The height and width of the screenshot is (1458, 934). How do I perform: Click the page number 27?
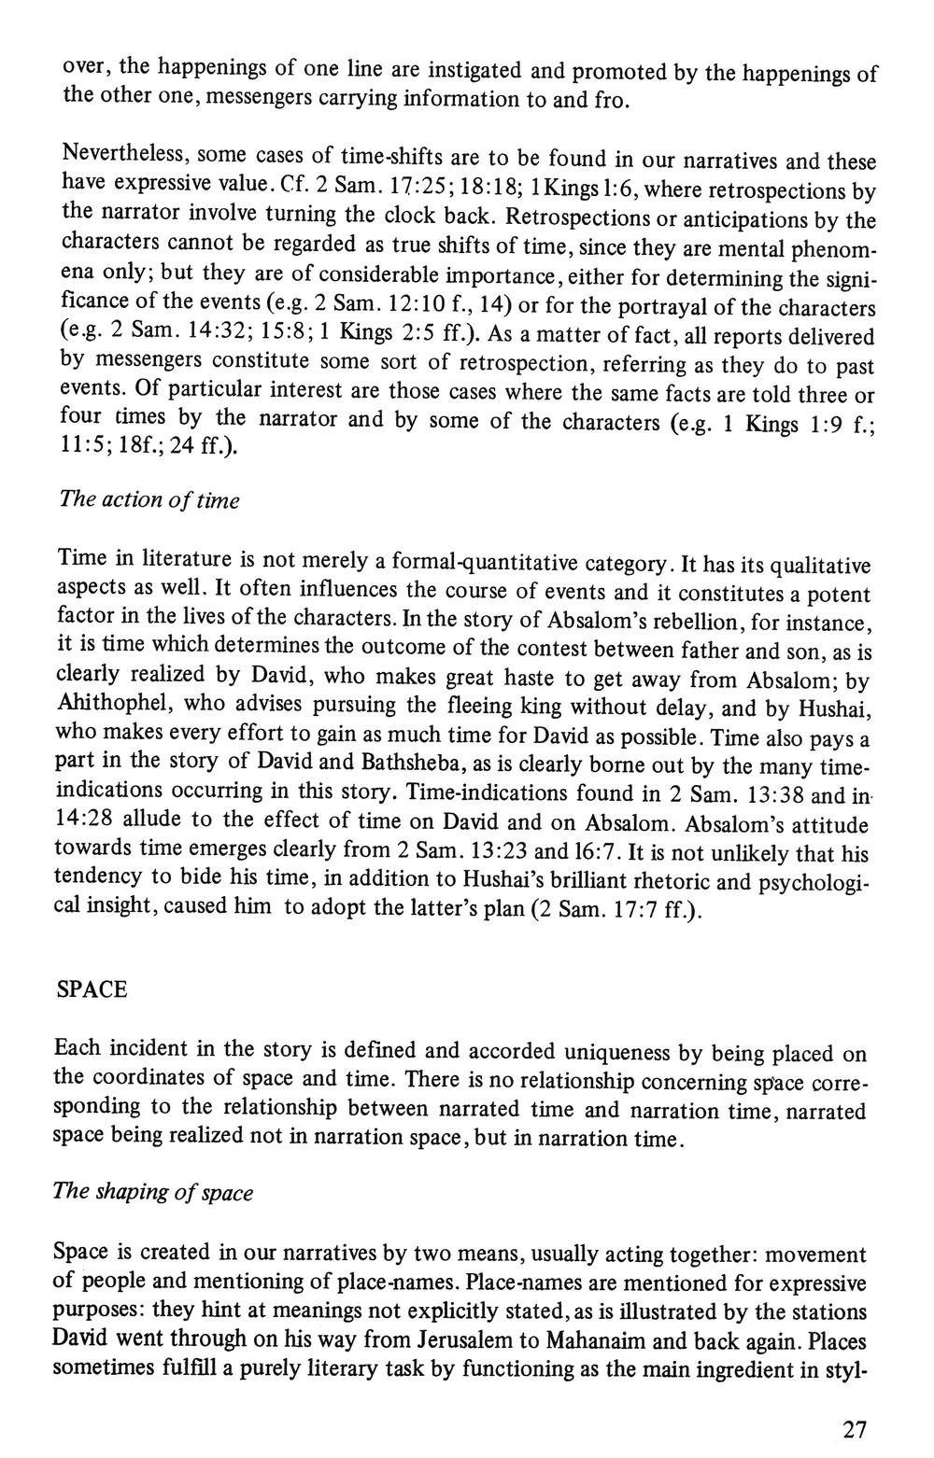855,1430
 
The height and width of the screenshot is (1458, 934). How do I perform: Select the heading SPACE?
92,989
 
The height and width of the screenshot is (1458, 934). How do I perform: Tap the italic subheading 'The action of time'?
149,500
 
